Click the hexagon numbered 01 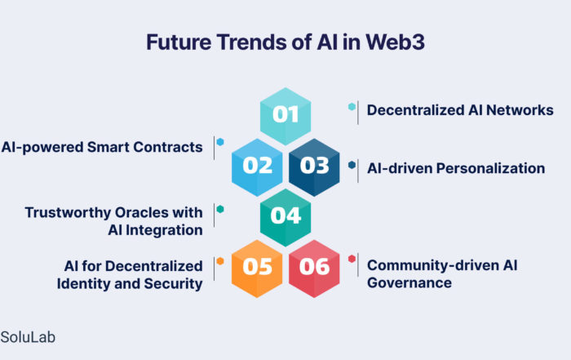[285, 116]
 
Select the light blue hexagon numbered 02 [257, 167]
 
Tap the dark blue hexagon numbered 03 [314, 167]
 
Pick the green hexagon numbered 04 [285, 217]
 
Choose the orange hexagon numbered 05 [257, 269]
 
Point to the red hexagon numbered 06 [314, 269]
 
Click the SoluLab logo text [28, 337]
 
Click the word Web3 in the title [395, 42]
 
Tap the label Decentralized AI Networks [460, 110]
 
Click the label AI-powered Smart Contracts [102, 147]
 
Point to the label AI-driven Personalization [456, 168]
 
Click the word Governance [409, 282]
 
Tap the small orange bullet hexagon [220, 261]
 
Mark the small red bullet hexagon [352, 259]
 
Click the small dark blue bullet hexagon [352, 165]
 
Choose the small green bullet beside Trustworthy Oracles [220, 209]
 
